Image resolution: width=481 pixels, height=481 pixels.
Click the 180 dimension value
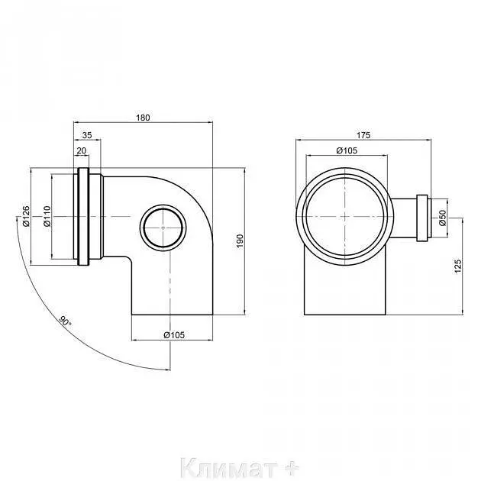point(143,118)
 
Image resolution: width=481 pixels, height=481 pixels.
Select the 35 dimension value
point(87,135)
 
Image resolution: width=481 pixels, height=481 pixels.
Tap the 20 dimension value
point(82,150)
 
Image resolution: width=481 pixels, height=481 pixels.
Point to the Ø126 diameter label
point(26,216)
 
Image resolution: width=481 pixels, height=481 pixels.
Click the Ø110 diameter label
point(47,216)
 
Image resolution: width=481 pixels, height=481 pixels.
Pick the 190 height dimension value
point(240,241)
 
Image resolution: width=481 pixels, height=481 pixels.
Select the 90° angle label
point(65,321)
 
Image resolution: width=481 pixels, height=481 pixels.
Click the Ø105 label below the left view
point(174,334)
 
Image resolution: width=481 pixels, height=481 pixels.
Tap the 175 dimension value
point(363,135)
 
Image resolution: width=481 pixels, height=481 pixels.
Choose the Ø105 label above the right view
point(347,150)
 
